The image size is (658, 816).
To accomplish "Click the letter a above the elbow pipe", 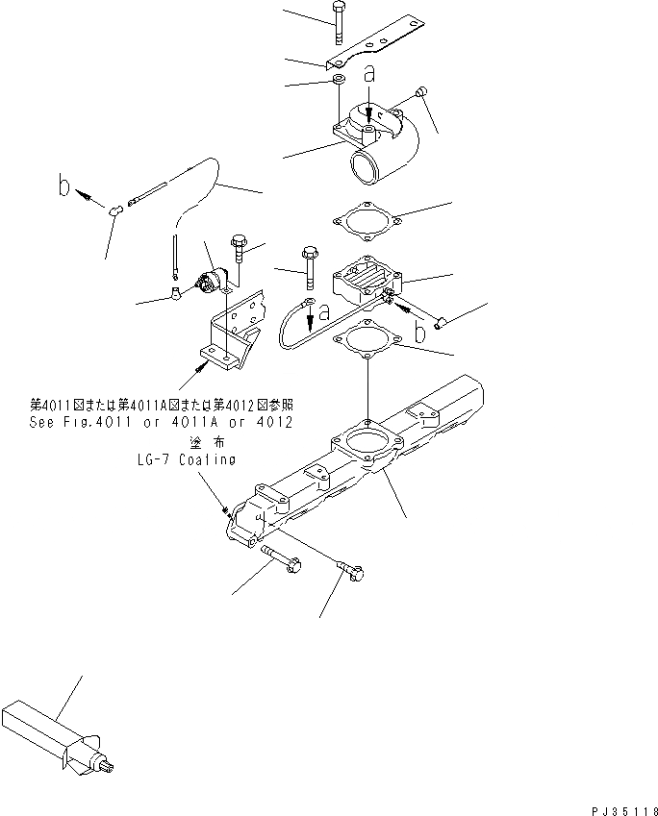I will coord(368,73).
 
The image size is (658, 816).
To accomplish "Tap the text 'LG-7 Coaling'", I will coord(186,459).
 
